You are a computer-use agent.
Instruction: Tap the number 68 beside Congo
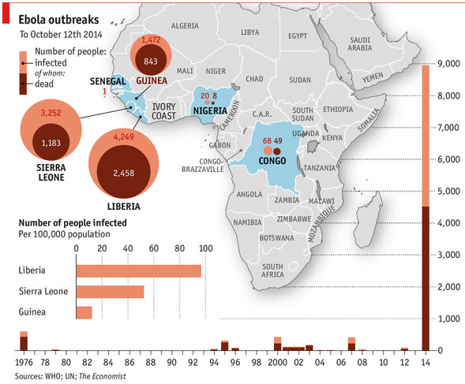click(267, 140)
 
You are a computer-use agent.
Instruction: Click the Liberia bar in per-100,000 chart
click(138, 270)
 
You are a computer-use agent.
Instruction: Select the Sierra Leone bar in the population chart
click(110, 292)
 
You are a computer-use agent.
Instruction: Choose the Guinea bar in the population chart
click(84, 312)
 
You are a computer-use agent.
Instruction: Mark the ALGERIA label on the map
click(185, 26)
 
